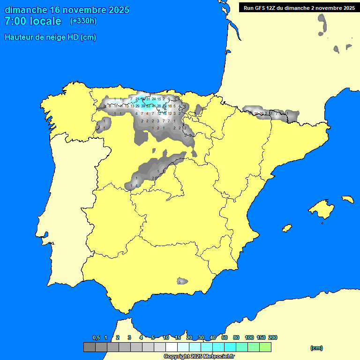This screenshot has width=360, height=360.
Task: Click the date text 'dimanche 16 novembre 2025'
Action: click(67, 10)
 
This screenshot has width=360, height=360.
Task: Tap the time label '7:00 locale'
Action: click(33, 21)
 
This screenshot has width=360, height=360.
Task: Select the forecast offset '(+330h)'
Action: click(83, 21)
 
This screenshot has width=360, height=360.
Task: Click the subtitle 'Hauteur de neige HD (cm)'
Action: click(50, 37)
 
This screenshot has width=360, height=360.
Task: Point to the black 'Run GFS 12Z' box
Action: click(299, 7)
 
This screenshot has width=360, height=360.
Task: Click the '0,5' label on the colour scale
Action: click(96, 337)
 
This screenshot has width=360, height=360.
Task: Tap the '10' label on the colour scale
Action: click(166, 337)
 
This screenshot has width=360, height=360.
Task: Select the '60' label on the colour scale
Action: click(225, 337)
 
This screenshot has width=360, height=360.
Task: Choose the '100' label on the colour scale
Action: click(249, 337)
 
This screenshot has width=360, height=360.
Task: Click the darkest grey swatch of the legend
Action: click(89, 347)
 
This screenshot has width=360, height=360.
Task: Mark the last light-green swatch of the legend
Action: click(265, 347)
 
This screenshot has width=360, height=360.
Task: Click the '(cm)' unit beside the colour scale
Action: click(316, 348)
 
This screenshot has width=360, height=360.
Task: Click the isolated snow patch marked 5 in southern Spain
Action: click(182, 282)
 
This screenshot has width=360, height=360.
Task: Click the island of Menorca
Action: click(347, 199)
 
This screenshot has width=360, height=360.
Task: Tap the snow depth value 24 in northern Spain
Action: click(153, 99)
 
